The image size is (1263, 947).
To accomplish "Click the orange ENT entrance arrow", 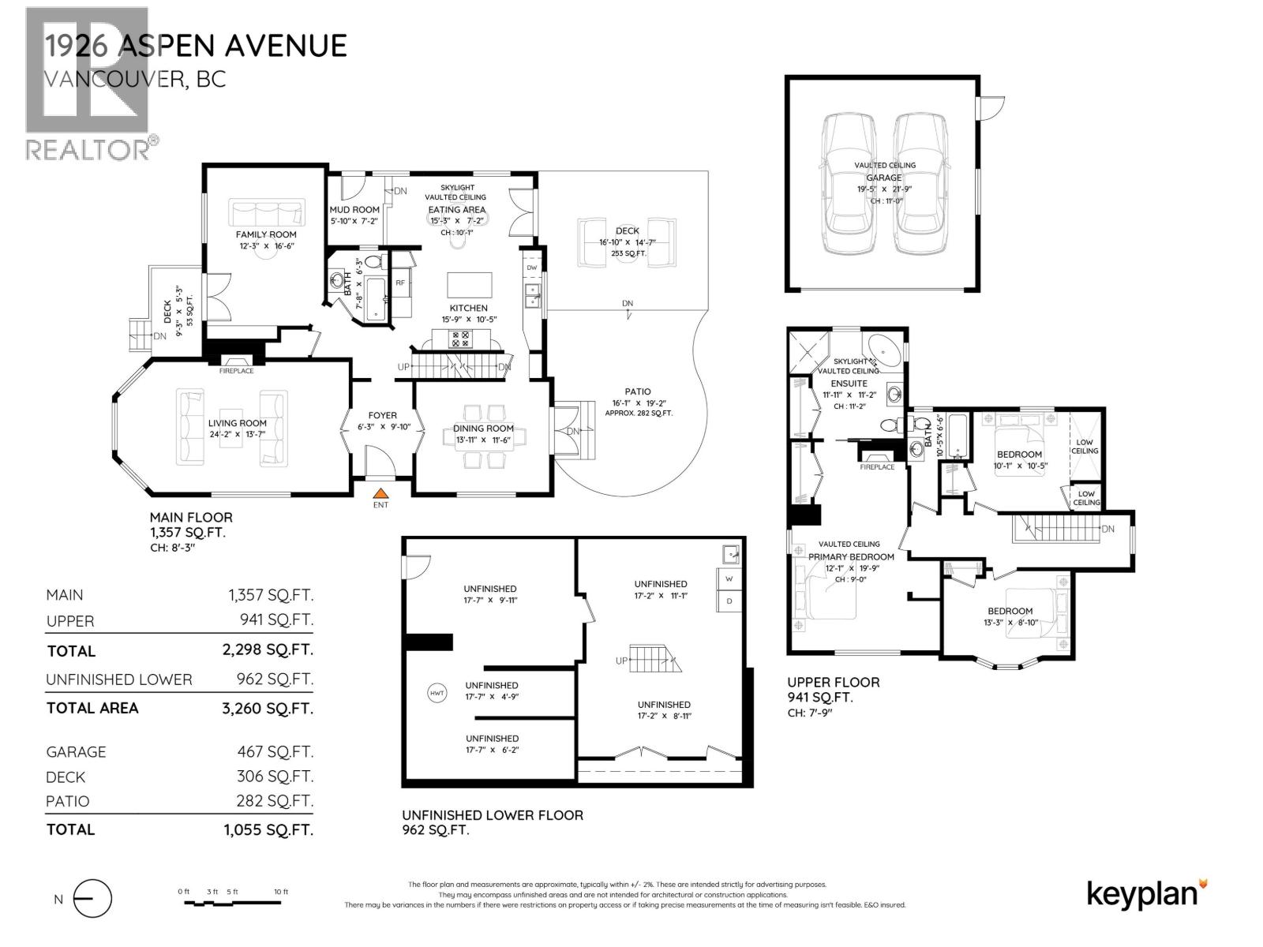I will click(380, 493).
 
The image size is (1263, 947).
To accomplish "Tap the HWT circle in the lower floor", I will click(437, 694).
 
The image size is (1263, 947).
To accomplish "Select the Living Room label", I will click(237, 423).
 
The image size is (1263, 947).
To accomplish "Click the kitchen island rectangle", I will click(470, 284).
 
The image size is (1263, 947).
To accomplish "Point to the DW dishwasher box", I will click(531, 268).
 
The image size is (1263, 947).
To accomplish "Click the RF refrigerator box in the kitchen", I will click(400, 282).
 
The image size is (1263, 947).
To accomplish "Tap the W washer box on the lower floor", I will click(729, 578).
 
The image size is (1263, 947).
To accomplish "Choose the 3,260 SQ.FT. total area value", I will click(267, 709).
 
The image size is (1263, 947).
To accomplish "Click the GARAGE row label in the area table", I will click(76, 752).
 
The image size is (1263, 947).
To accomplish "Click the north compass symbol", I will click(92, 899).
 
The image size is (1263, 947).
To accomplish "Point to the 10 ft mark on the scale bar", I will click(281, 892).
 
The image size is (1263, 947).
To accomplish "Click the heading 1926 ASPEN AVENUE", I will click(195, 46).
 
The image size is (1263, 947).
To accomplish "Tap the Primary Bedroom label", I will click(851, 556).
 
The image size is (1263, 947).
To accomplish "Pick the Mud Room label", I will click(354, 210).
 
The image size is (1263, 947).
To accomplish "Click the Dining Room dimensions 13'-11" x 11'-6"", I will click(483, 440).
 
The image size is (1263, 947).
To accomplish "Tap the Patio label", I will click(638, 391).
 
